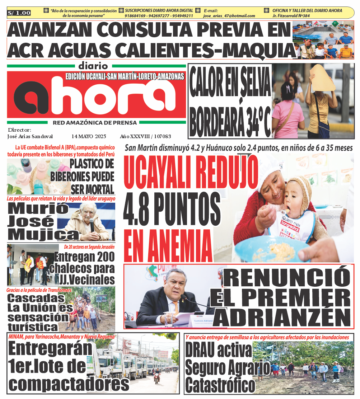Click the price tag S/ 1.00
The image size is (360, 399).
click(x=19, y=13)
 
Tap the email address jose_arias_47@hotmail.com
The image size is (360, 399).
click(x=229, y=16)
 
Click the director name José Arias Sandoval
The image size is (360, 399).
click(x=30, y=136)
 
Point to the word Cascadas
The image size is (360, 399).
click(x=36, y=298)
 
